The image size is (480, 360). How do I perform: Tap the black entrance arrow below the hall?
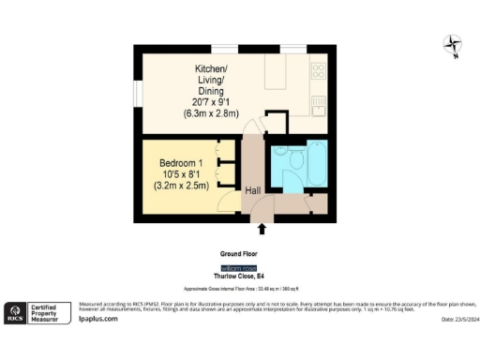point(262,228)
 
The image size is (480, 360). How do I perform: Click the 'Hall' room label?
point(253,190)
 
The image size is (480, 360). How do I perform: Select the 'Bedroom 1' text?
point(180,163)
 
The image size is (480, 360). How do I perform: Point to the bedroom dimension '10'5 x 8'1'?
point(180,174)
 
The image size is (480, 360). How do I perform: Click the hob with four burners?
point(318,69)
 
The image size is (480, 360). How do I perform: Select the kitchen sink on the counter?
point(319,101)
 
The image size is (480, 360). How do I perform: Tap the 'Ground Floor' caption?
point(239,253)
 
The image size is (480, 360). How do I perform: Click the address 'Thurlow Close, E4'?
point(240,277)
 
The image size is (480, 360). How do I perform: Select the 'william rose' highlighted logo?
point(240,268)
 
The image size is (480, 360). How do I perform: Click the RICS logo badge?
point(15,312)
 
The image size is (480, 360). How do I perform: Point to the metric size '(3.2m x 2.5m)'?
point(180,186)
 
